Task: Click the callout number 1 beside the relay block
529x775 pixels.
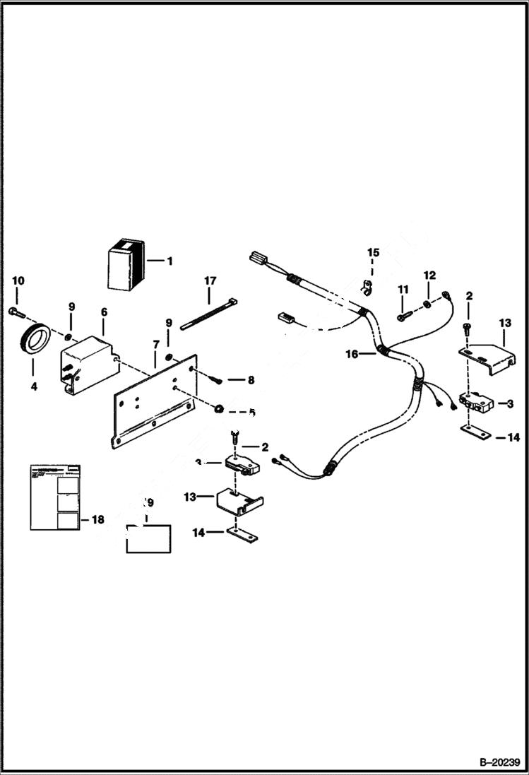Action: click(x=170, y=261)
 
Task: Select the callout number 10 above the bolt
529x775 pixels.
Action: click(x=18, y=281)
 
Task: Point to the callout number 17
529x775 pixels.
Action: click(x=210, y=280)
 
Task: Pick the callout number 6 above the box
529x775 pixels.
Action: click(x=104, y=312)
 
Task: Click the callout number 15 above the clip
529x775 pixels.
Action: click(x=373, y=252)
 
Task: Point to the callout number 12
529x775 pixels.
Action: click(x=429, y=274)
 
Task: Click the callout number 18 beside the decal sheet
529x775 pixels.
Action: click(x=97, y=519)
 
